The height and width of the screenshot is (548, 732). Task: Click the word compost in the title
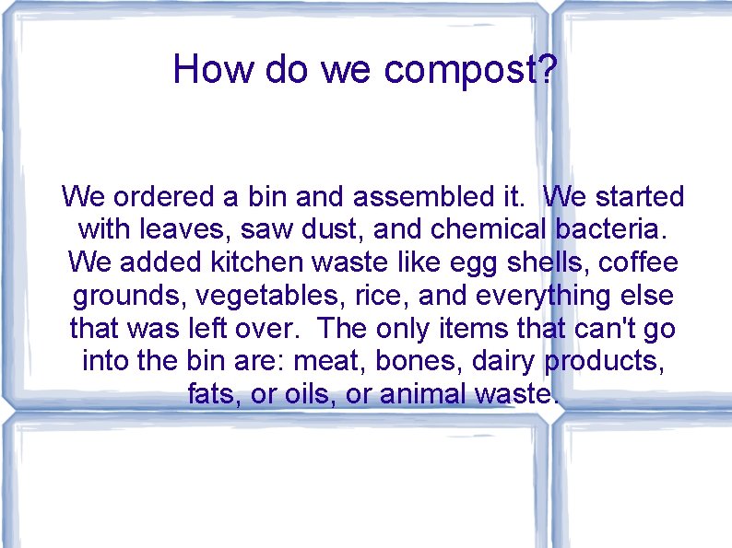click(461, 70)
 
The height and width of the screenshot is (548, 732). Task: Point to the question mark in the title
click(548, 70)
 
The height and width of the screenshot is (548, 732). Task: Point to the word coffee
click(639, 262)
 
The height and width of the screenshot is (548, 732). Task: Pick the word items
click(511, 328)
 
